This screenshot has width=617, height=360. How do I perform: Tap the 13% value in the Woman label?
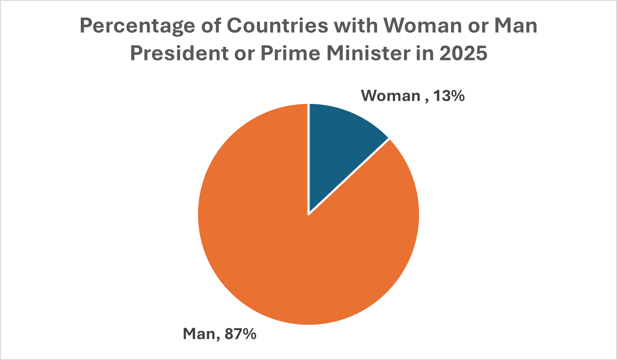(x=449, y=96)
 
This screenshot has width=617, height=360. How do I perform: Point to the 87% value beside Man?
(x=240, y=334)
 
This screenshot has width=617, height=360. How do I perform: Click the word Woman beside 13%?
(x=391, y=96)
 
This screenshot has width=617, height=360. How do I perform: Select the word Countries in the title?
(x=277, y=26)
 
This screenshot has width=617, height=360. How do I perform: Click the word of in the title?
(x=211, y=26)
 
